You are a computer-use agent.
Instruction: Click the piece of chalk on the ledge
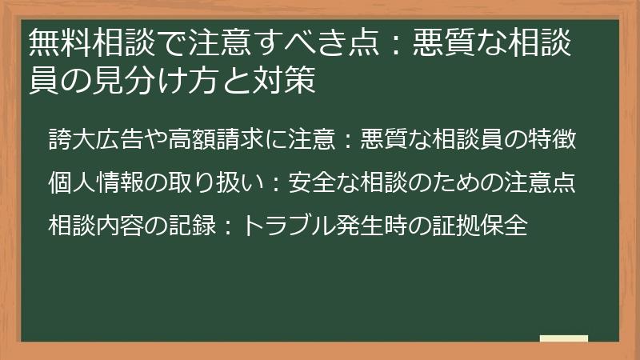563,339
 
